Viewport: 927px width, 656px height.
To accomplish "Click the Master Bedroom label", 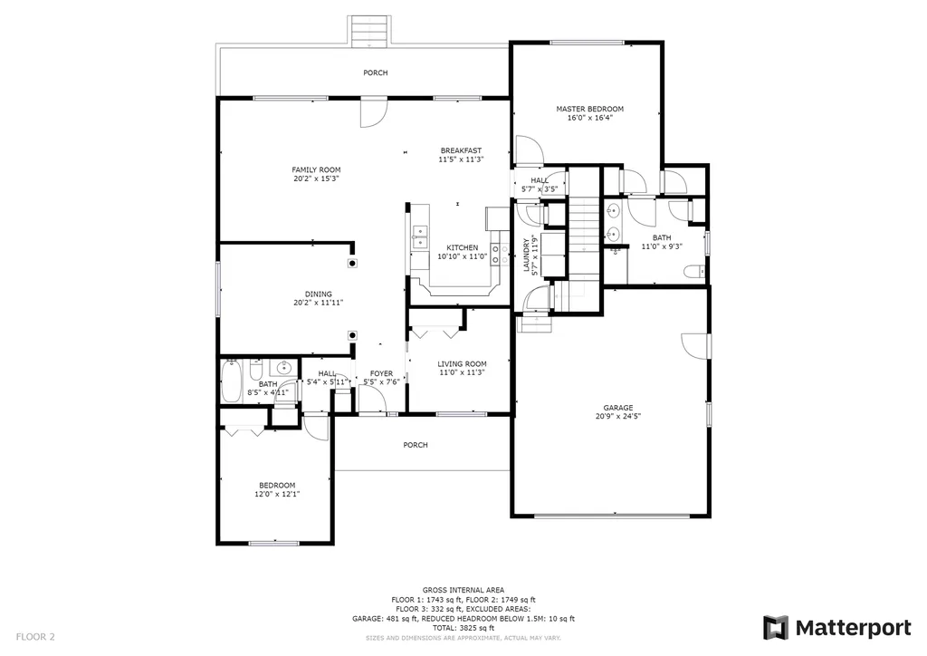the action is click(590, 109).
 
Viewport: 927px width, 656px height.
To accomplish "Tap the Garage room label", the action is click(618, 408).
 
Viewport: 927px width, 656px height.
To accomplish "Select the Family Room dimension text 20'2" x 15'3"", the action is click(316, 178).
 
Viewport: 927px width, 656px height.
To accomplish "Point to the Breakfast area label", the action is click(461, 150).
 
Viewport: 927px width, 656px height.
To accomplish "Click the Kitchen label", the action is click(463, 248).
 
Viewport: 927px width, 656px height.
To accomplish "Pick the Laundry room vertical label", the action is click(526, 255).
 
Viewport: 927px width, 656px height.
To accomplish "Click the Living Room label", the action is click(463, 364).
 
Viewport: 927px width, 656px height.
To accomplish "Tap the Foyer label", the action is click(381, 374).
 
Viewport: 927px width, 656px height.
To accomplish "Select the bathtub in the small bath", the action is click(231, 381).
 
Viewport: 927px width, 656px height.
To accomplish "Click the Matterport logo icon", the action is click(776, 628).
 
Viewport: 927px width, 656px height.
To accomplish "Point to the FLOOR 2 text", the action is click(35, 637).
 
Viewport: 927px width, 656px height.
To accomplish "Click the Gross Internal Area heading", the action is click(463, 590).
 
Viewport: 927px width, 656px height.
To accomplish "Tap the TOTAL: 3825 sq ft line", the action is click(463, 628).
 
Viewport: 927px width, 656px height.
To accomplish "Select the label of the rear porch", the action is click(376, 72).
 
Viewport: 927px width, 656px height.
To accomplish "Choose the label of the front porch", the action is click(416, 445).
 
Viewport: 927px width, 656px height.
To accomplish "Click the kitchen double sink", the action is click(420, 236).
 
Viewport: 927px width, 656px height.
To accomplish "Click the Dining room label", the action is click(319, 294).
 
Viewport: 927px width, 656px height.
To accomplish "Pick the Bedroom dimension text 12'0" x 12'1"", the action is click(277, 495).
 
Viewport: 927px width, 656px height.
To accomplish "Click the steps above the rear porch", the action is click(369, 31).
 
